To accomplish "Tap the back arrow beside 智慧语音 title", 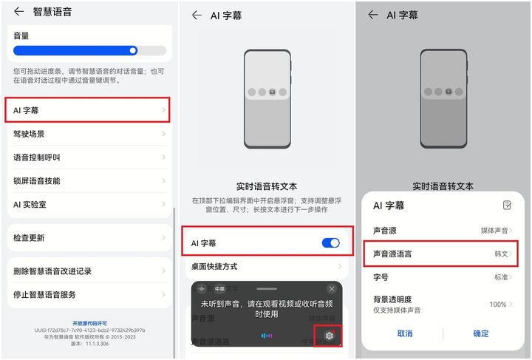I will point(18,12).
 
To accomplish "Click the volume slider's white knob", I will point(133,51).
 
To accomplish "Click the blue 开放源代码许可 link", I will point(89,323).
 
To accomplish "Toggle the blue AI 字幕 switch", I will point(330,243).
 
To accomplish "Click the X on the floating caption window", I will point(331,288).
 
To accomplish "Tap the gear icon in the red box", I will point(330,336).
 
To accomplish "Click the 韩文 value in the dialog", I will point(502,254).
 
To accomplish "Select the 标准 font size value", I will point(502,277).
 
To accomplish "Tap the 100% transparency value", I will point(498,305).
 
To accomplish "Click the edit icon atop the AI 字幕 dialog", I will point(507,205).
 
